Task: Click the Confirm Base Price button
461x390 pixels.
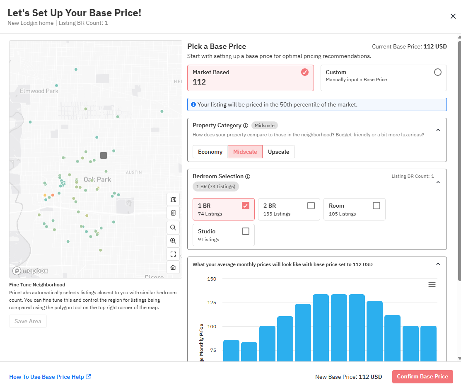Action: tap(422, 377)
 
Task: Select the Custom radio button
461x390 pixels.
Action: tap(438, 72)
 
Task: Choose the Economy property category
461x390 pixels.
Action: tap(210, 152)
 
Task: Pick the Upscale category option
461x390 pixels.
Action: tap(278, 152)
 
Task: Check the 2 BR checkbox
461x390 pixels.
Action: tap(311, 206)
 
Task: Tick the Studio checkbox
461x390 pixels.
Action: tap(246, 231)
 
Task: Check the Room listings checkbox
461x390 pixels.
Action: tap(377, 206)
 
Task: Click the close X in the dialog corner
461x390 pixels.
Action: tap(453, 16)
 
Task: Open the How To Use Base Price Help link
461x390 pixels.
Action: tap(50, 377)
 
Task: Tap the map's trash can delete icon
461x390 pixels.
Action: tap(173, 213)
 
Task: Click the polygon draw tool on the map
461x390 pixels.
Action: tap(173, 199)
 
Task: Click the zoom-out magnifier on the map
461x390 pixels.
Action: tap(173, 227)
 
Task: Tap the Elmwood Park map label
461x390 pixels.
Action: tap(39, 91)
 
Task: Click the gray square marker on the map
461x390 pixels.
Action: tap(104, 155)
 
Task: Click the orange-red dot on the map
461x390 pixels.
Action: tap(53, 195)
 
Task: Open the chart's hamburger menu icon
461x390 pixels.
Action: tap(432, 284)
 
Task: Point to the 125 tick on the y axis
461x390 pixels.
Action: tap(212, 303)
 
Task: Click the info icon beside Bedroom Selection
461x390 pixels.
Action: tap(248, 177)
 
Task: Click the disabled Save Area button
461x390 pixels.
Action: tap(28, 321)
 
